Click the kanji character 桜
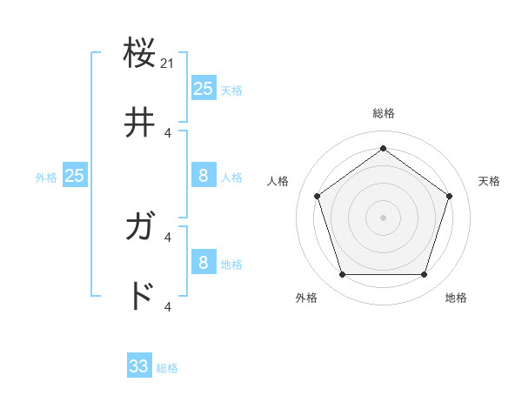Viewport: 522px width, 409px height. coord(140,54)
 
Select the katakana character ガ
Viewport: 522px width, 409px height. coord(140,229)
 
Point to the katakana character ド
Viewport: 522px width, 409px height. coord(140,297)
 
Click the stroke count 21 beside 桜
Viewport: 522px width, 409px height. coord(168,64)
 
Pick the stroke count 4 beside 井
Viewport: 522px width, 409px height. coord(168,133)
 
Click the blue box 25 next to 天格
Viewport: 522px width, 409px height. coord(203,89)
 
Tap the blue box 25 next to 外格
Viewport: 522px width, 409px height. coord(75,176)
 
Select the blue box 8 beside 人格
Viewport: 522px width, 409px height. coord(203,176)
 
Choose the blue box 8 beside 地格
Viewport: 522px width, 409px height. coord(203,263)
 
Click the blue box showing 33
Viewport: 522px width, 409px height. coord(139,366)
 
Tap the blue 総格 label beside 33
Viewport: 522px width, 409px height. coord(167,368)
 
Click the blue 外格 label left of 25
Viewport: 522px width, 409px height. coord(46,178)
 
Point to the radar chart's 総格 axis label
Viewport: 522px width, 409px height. coord(383,113)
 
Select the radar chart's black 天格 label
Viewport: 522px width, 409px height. coord(489,181)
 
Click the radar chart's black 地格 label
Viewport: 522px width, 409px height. coord(456,298)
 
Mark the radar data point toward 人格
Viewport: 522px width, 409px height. coord(317,196)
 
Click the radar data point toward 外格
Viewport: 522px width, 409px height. coord(342,275)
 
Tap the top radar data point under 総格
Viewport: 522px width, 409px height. coord(383,148)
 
